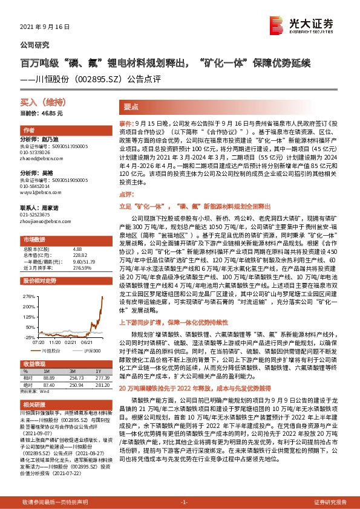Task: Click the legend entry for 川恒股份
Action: [52, 350]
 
